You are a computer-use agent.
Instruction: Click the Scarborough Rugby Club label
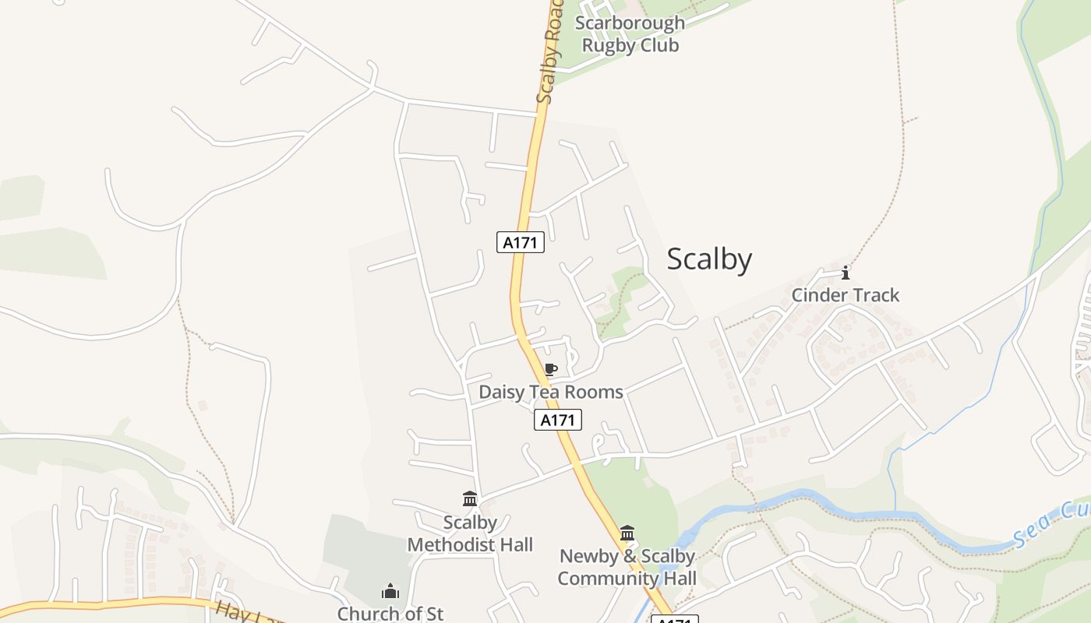[630, 33]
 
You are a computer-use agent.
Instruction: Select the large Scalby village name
[709, 259]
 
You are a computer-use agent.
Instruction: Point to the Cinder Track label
[845, 295]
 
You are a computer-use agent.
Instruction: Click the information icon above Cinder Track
[846, 273]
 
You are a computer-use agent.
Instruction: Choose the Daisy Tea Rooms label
[550, 392]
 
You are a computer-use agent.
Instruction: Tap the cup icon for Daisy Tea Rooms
[551, 370]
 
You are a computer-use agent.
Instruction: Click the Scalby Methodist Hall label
[470, 533]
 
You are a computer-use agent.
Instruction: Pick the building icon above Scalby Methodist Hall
[470, 498]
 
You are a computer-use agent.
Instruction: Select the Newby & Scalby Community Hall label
[627, 567]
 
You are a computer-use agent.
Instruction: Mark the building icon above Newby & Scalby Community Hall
[627, 533]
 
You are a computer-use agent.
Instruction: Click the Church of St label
[390, 613]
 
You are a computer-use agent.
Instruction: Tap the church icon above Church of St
[390, 592]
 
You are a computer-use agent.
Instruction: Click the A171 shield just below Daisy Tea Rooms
[558, 421]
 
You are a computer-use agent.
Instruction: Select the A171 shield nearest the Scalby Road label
[520, 242]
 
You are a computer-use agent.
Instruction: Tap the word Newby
[588, 556]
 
